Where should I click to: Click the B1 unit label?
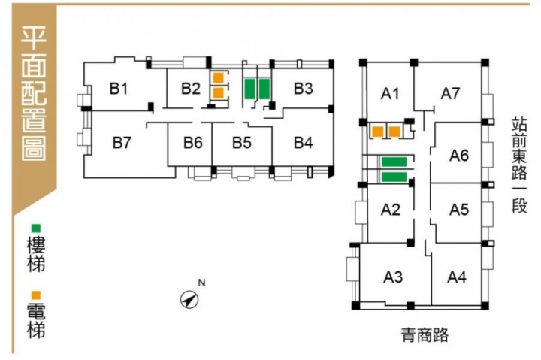(119, 89)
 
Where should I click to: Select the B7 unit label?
(122, 141)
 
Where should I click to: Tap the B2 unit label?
(191, 89)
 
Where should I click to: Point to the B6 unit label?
(193, 141)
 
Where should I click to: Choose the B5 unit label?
(241, 141)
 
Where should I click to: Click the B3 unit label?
(303, 89)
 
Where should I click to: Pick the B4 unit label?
(303, 141)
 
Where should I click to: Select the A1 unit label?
(389, 94)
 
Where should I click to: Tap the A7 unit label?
(450, 94)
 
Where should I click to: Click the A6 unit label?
(459, 156)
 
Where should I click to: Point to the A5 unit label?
(459, 210)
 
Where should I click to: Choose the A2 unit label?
(390, 210)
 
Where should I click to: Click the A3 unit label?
(394, 277)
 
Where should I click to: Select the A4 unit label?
(457, 277)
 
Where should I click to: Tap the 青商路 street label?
(425, 334)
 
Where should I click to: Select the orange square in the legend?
(35, 295)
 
